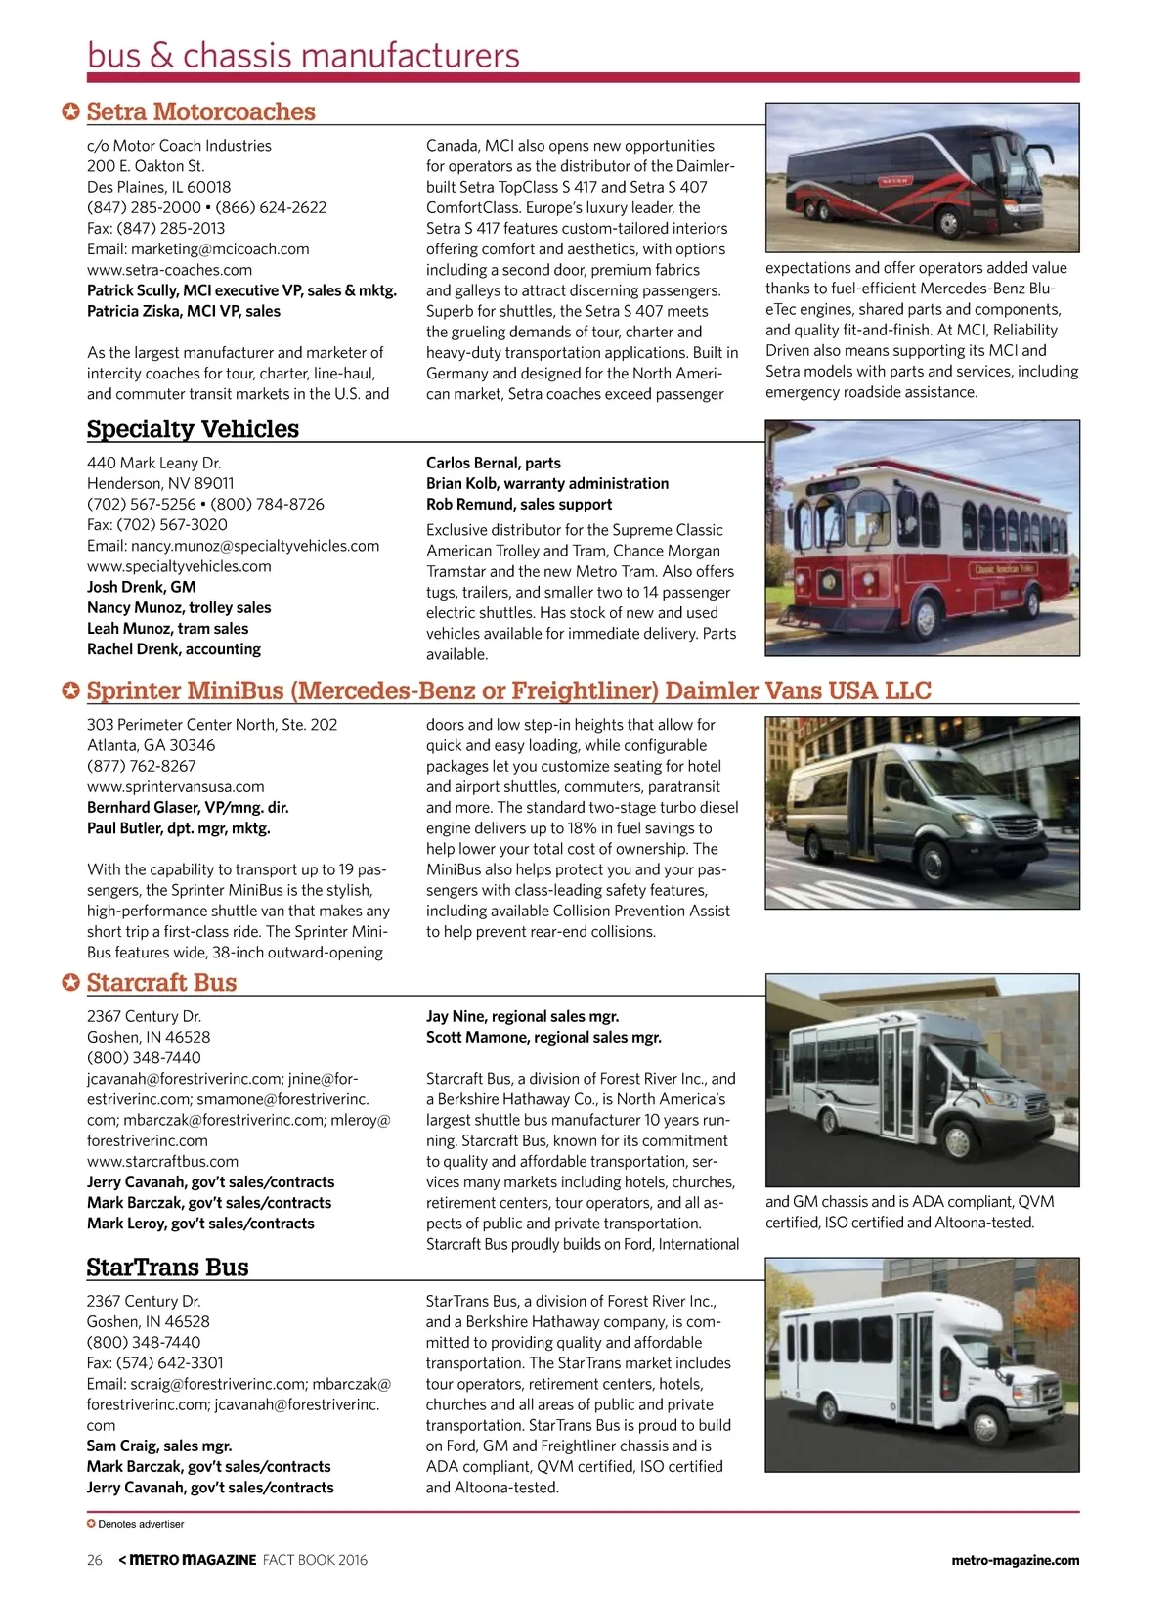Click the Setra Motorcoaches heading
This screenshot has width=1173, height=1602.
coord(200,112)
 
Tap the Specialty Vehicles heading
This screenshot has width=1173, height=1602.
coord(193,429)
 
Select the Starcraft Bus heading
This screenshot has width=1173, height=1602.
coord(161,983)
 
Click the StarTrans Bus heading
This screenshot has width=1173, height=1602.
coord(167,1268)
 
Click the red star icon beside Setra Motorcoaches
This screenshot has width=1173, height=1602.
coord(70,112)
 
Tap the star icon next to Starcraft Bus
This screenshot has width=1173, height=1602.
coord(70,983)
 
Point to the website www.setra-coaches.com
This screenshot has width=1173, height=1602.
coord(169,270)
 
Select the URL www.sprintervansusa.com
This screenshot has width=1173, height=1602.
coord(175,787)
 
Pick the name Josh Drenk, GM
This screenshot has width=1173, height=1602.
coord(141,587)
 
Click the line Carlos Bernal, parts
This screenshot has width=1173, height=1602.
coord(493,463)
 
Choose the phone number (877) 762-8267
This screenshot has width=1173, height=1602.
coord(141,766)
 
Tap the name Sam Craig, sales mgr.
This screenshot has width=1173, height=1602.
coord(158,1446)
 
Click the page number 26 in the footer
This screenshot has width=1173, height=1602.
coord(94,1560)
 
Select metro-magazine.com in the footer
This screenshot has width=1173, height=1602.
coord(1015,1560)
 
